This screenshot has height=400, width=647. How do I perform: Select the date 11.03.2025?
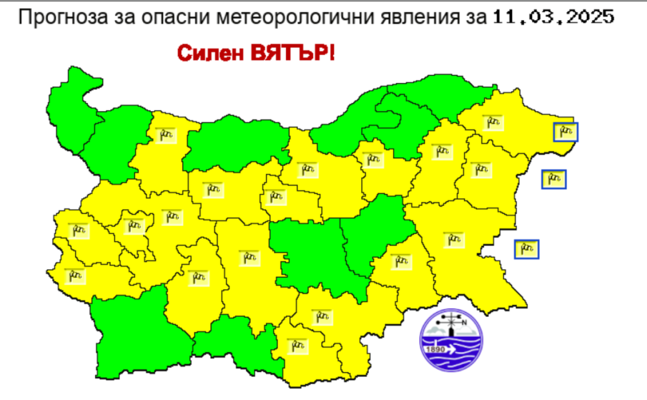tap(553, 16)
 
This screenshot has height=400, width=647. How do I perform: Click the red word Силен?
tap(207, 53)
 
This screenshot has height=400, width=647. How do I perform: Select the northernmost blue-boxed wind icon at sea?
tap(566, 132)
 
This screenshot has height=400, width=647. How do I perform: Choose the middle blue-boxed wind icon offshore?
tap(553, 179)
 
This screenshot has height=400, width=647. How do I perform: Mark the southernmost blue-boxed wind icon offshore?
tap(527, 249)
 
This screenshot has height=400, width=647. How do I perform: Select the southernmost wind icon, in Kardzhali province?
tap(292, 345)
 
